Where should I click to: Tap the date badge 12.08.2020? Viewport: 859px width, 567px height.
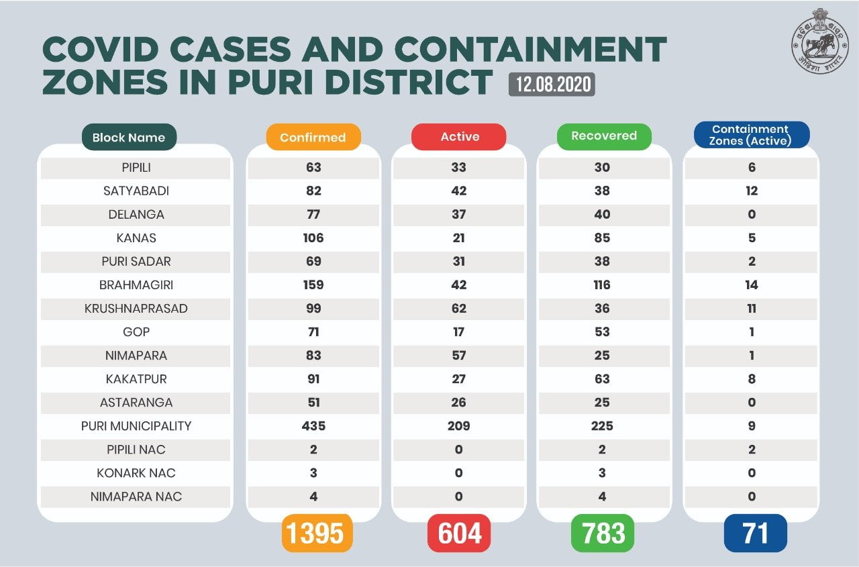(x=552, y=84)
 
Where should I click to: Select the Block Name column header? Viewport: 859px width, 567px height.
(x=128, y=138)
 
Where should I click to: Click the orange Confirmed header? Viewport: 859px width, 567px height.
(x=313, y=138)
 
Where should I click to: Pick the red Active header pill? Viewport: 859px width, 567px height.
(x=460, y=137)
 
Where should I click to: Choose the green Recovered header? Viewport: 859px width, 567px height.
(x=604, y=136)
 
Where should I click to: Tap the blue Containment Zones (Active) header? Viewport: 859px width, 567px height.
(x=751, y=135)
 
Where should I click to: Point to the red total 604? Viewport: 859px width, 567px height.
(x=460, y=533)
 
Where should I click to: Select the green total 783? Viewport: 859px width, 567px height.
(x=603, y=533)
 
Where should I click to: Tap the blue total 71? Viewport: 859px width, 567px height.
(x=755, y=533)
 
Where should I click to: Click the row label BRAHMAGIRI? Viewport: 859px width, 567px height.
(x=136, y=285)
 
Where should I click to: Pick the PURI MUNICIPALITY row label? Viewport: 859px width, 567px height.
(x=136, y=425)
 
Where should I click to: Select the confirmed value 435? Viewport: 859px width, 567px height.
(x=313, y=425)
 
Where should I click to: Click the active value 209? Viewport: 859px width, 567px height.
(x=459, y=425)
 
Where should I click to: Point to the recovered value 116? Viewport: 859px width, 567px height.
(x=602, y=285)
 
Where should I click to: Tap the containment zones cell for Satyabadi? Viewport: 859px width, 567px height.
(x=751, y=191)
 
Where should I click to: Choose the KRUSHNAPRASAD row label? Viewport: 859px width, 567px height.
(x=136, y=308)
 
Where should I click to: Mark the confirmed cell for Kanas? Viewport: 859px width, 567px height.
(x=313, y=238)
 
